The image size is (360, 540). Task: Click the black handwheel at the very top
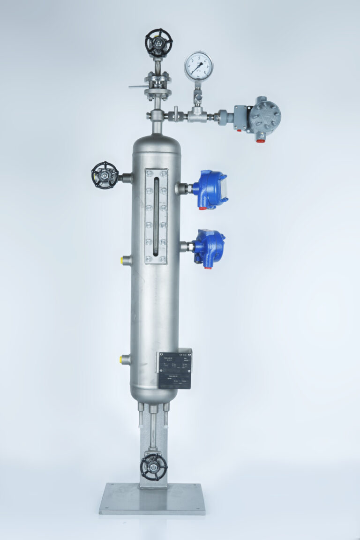(x=158, y=43)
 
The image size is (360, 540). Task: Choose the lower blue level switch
(x=209, y=246)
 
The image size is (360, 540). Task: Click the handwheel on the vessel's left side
(x=105, y=175)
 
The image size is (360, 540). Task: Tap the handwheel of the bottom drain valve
(x=153, y=466)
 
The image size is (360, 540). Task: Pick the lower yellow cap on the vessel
(x=124, y=360)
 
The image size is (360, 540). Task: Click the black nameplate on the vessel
(x=174, y=370)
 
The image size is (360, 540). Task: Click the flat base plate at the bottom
(x=152, y=499)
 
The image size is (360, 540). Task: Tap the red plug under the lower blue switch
(x=207, y=266)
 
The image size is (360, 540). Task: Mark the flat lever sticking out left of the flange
(x=137, y=87)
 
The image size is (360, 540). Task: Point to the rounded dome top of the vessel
(x=156, y=143)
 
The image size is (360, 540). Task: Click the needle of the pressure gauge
(x=198, y=65)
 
